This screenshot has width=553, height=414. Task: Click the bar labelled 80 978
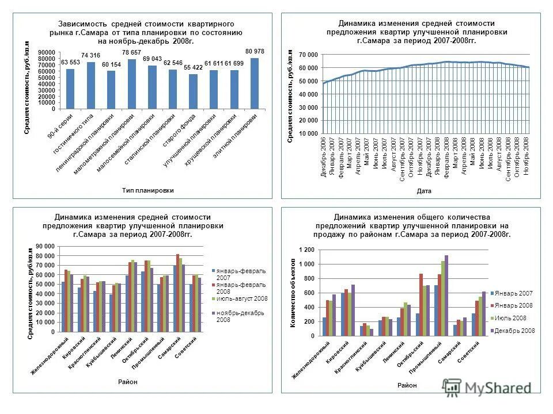tap(255, 83)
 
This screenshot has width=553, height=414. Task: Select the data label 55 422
tap(193, 68)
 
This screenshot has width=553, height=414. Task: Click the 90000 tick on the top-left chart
tap(47, 52)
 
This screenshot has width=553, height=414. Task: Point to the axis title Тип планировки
tap(147, 190)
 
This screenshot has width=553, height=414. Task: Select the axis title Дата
tap(424, 191)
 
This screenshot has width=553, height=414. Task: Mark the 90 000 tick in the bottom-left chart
tap(45, 246)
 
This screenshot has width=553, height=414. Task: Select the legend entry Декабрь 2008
tap(516, 331)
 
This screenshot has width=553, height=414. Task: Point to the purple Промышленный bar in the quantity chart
tap(446, 296)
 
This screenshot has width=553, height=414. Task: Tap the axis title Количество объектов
tap(293, 293)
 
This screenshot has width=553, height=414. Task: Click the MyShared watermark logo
tap(487, 387)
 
